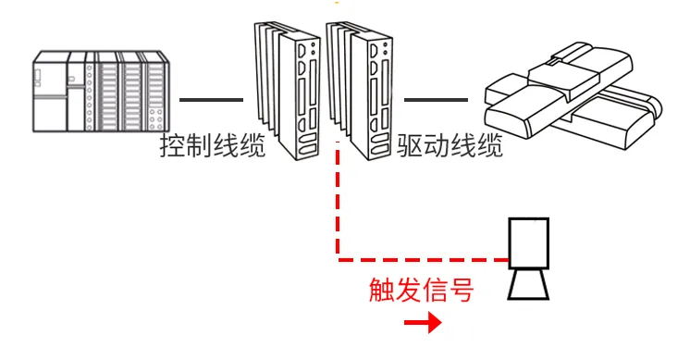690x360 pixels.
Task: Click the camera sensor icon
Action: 529,259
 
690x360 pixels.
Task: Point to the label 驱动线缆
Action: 450,146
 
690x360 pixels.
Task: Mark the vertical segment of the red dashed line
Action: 339,199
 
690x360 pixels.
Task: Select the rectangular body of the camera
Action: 530,243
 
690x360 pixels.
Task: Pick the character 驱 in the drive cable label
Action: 411,146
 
